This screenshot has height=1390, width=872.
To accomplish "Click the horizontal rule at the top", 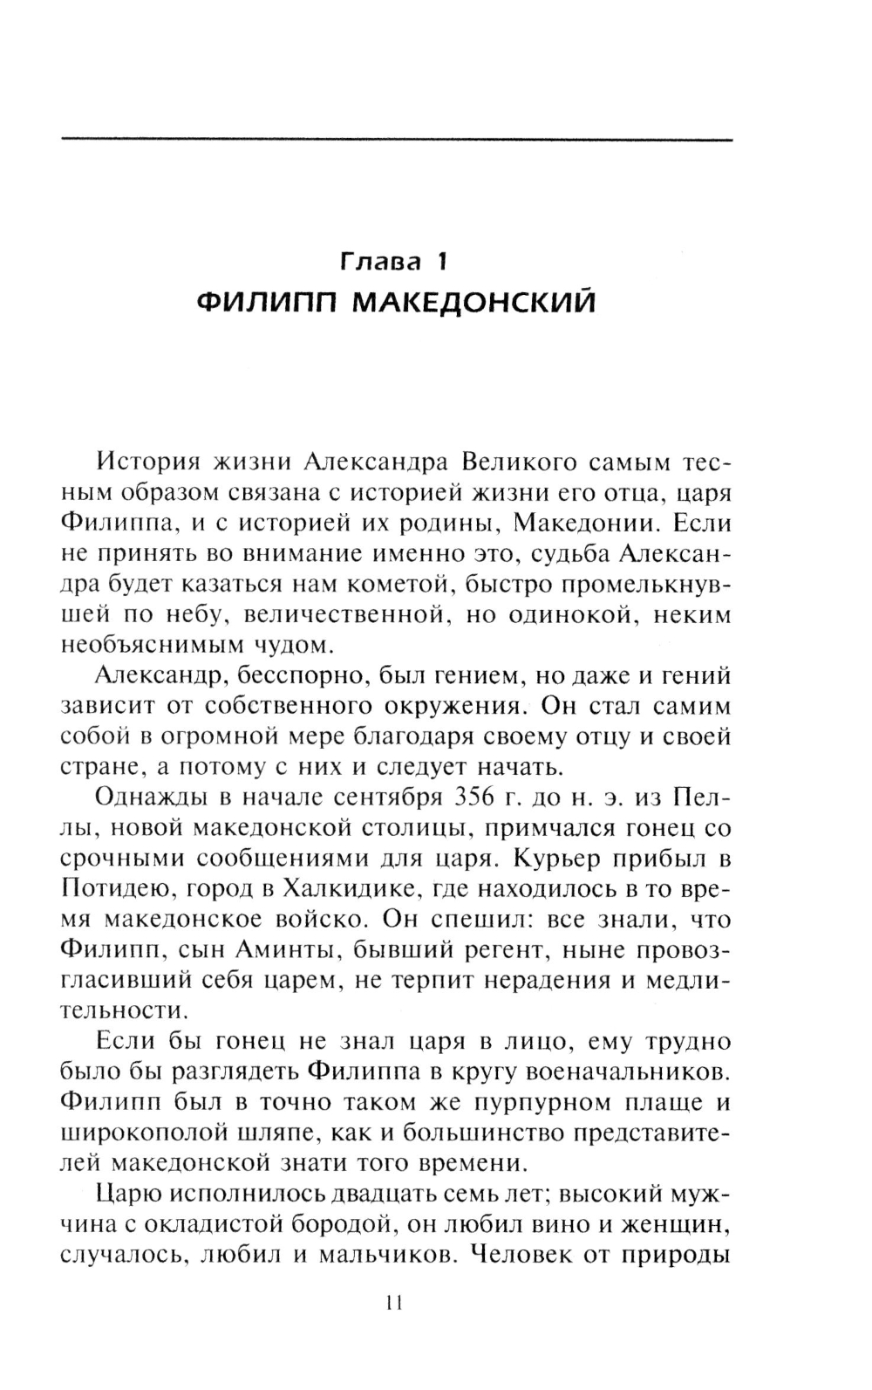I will pos(397,139).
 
